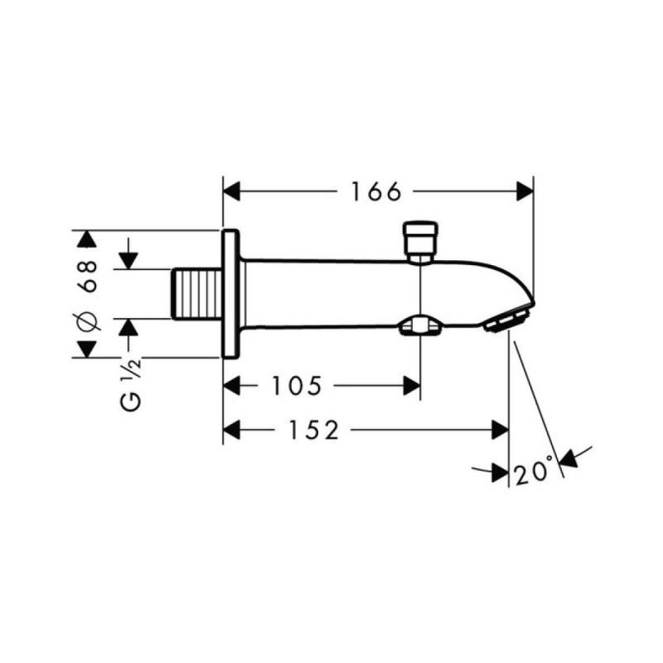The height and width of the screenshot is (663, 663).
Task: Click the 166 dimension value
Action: coord(375,192)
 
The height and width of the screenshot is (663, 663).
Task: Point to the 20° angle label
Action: coord(533,473)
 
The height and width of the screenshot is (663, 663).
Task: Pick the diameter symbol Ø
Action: coord(90,324)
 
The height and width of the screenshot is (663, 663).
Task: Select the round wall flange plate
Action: coord(230,294)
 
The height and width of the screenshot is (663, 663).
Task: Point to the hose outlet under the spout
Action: coord(421,326)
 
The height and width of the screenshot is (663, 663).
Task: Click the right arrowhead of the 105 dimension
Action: coord(411,385)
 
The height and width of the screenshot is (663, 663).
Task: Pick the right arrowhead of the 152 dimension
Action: coord(500,430)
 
